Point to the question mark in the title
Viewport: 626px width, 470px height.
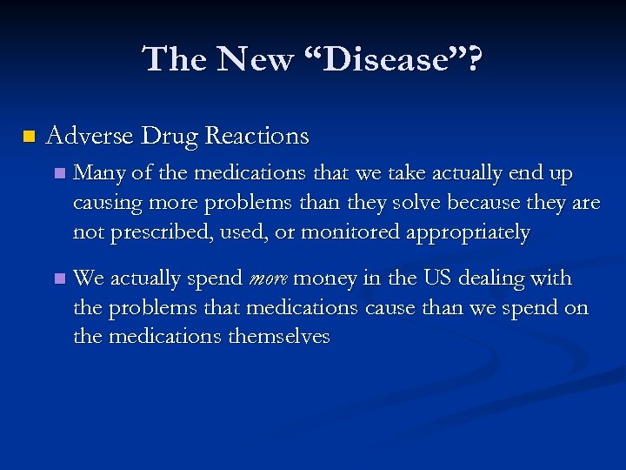[x=473, y=60]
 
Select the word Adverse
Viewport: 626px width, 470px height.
[x=90, y=136]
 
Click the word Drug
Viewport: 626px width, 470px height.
[x=170, y=136]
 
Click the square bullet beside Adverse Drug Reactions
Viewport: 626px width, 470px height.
[x=29, y=137]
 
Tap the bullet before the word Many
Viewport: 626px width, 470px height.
[x=58, y=175]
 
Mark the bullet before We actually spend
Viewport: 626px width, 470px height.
[x=58, y=279]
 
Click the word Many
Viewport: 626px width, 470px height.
[x=98, y=174]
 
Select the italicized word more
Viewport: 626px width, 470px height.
[x=269, y=279]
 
